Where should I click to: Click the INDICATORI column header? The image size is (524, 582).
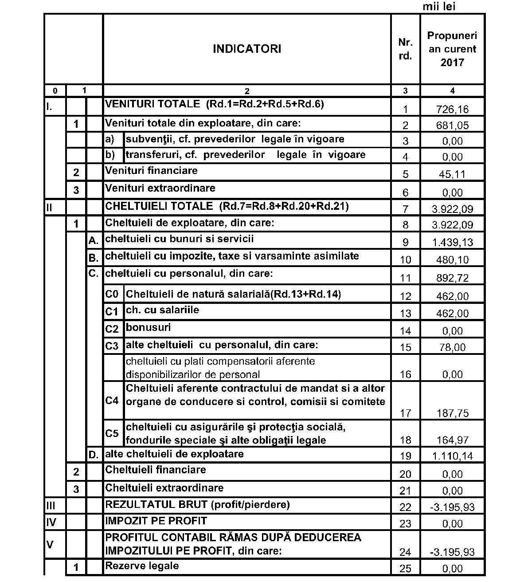pyautogui.click(x=247, y=49)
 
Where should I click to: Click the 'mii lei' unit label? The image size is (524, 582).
pyautogui.click(x=439, y=6)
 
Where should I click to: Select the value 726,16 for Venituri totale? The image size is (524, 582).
pyautogui.click(x=452, y=109)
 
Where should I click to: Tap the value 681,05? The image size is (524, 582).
pyautogui.click(x=452, y=126)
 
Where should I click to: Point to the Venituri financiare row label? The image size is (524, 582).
pyautogui.click(x=151, y=171)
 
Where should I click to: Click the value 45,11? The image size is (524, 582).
pyautogui.click(x=452, y=174)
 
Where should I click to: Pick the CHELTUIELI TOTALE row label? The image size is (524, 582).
pyautogui.click(x=227, y=206)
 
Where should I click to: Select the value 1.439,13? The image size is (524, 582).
pyautogui.click(x=452, y=242)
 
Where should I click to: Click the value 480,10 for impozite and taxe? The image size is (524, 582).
pyautogui.click(x=452, y=260)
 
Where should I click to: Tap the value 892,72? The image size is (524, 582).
pyautogui.click(x=452, y=278)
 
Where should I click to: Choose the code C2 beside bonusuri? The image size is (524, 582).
pyautogui.click(x=112, y=329)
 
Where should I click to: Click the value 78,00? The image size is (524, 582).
pyautogui.click(x=452, y=347)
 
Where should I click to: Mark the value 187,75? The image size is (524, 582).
pyautogui.click(x=452, y=413)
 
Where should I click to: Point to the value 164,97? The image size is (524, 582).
pyautogui.click(x=452, y=440)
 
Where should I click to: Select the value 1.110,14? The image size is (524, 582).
pyautogui.click(x=452, y=456)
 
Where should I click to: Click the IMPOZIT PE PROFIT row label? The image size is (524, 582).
pyautogui.click(x=156, y=521)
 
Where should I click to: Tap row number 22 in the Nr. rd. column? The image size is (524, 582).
pyautogui.click(x=405, y=507)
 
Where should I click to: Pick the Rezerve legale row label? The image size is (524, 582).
pyautogui.click(x=142, y=566)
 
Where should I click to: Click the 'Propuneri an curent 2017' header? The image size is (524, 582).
pyautogui.click(x=452, y=49)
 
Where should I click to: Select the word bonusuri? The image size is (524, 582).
pyautogui.click(x=148, y=328)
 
